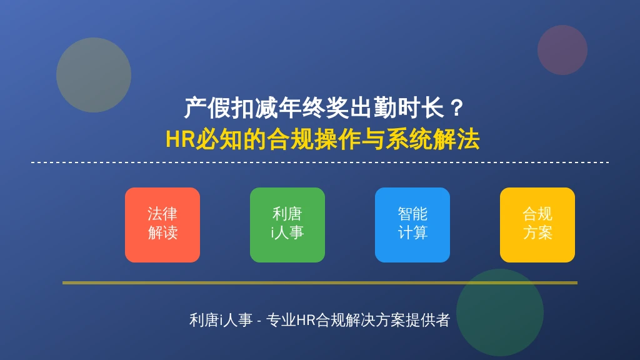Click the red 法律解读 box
(x=162, y=225)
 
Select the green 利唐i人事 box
(x=287, y=225)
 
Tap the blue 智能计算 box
(x=412, y=225)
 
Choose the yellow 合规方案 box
(x=537, y=225)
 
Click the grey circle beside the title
(x=94, y=75)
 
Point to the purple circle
(x=562, y=50)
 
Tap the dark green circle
(x=499, y=312)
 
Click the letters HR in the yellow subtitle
(x=180, y=139)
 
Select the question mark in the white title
(x=457, y=108)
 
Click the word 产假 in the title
(x=207, y=108)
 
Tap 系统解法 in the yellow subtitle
(x=433, y=139)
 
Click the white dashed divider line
(x=320, y=162)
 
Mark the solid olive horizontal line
(x=320, y=282)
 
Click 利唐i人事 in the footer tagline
(x=221, y=320)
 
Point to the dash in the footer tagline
(x=259, y=321)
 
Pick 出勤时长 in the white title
(x=397, y=108)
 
